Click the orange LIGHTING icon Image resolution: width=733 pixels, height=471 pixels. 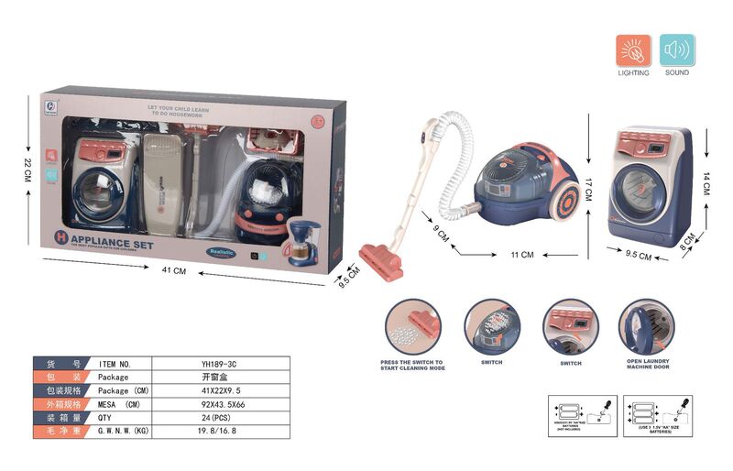coord(633,50)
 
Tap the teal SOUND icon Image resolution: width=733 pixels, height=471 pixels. coord(677,50)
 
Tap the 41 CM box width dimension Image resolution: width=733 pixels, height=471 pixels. coord(173,270)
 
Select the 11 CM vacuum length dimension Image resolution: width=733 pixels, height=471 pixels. coord(521,254)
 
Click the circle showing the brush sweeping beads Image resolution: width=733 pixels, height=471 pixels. coord(412,326)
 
